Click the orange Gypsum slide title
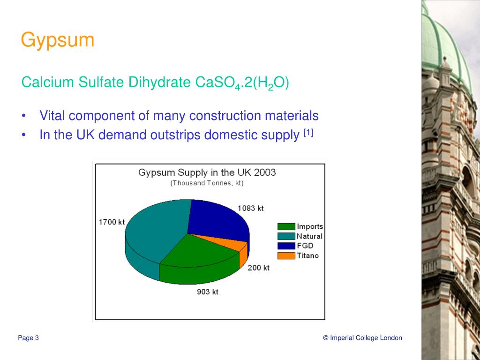pyautogui.click(x=57, y=40)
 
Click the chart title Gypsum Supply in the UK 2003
pyautogui.click(x=207, y=172)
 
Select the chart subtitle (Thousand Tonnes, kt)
pyautogui.click(x=207, y=183)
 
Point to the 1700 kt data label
pyautogui.click(x=112, y=222)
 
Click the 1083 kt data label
pyautogui.click(x=250, y=208)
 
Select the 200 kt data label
pyautogui.click(x=259, y=268)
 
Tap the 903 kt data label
pyautogui.click(x=207, y=292)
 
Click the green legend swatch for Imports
pyautogui.click(x=286, y=227)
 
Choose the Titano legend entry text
pyautogui.click(x=307, y=255)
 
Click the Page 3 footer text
pyautogui.click(x=29, y=338)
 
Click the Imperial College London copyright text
pyautogui.click(x=362, y=338)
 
